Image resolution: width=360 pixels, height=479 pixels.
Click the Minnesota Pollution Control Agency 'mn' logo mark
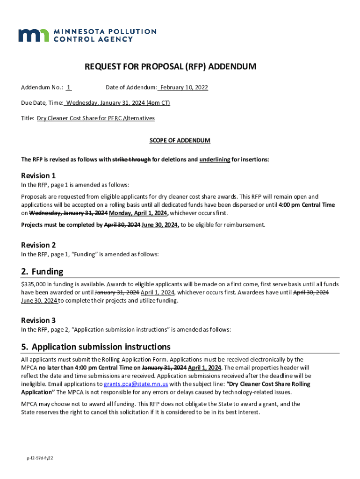[33, 35]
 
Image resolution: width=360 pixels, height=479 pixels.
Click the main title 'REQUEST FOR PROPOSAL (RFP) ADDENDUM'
[170, 67]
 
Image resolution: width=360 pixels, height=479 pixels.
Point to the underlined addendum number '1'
[69, 87]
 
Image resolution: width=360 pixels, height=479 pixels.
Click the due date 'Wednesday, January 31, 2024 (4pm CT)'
[117, 103]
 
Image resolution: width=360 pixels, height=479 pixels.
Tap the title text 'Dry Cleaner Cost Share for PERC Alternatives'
[96, 118]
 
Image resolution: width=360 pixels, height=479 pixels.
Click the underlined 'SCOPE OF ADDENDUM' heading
[180, 140]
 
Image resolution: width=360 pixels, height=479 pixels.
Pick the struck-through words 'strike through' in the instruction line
[132, 160]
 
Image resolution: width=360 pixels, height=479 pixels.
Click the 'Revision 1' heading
[38, 176]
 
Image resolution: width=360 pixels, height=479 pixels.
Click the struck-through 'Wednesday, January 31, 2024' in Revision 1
[68, 213]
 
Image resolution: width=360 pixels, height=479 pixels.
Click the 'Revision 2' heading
[38, 245]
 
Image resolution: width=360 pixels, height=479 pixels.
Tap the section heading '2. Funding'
[42, 272]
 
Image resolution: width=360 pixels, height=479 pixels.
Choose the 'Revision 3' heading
[38, 320]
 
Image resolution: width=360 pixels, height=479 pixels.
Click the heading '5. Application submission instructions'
[96, 347]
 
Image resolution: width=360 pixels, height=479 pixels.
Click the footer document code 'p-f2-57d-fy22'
[40, 458]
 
